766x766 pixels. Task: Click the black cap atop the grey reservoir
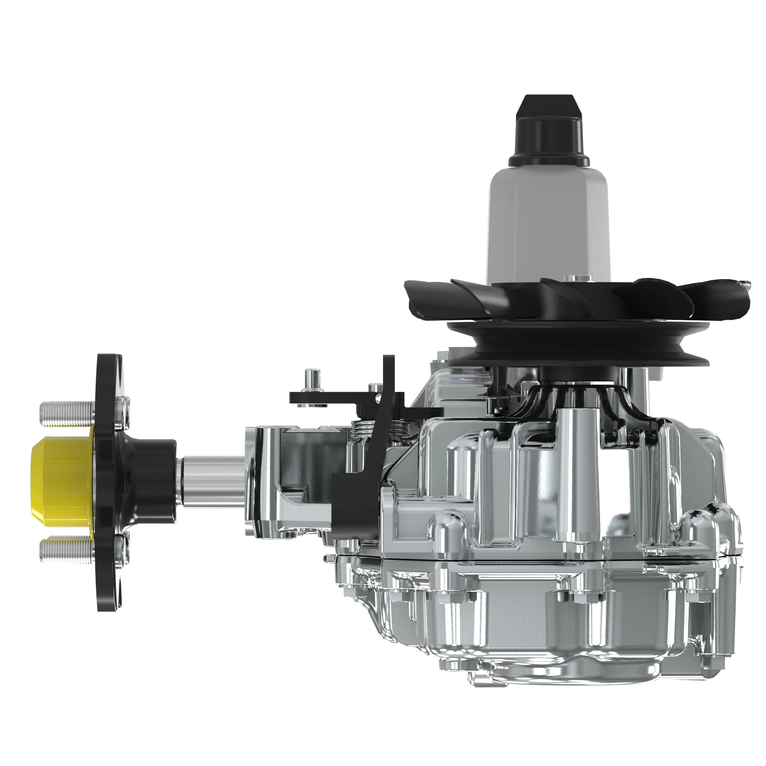[548, 131]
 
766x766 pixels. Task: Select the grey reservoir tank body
[548, 226]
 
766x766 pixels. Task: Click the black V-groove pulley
[575, 349]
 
